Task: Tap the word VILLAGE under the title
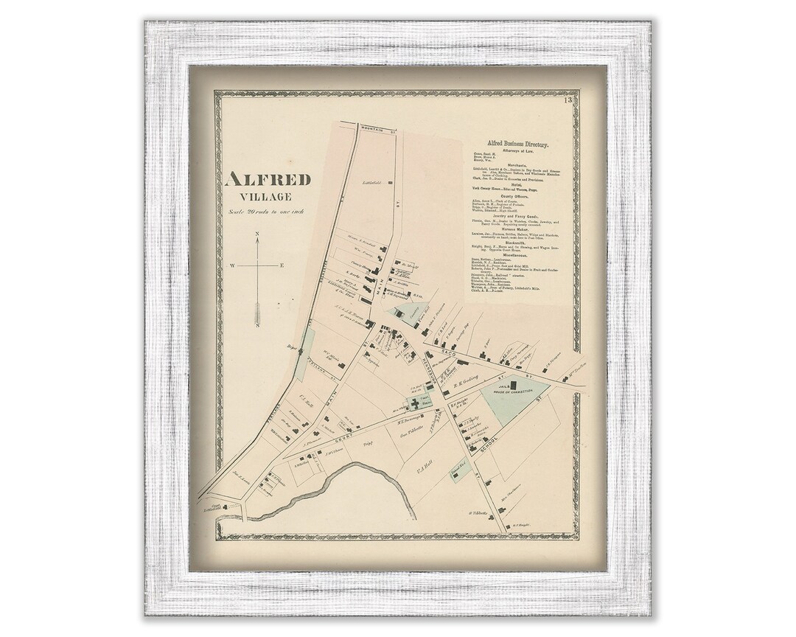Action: (x=269, y=197)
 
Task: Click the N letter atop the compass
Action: (x=257, y=235)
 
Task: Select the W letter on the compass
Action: (x=233, y=265)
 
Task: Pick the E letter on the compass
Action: (x=282, y=265)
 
